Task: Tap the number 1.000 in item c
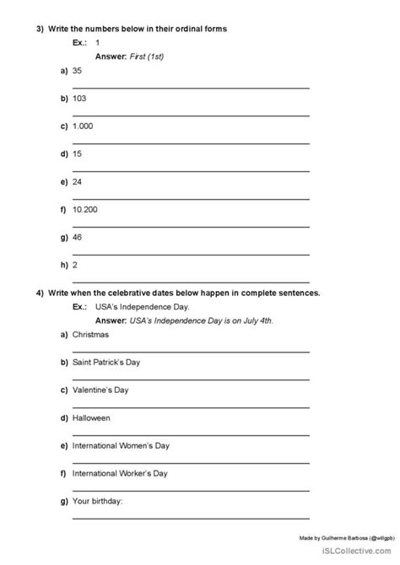[84, 127]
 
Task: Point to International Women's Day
[124, 444]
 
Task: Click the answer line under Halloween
[191, 431]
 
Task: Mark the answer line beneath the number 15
[191, 169]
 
